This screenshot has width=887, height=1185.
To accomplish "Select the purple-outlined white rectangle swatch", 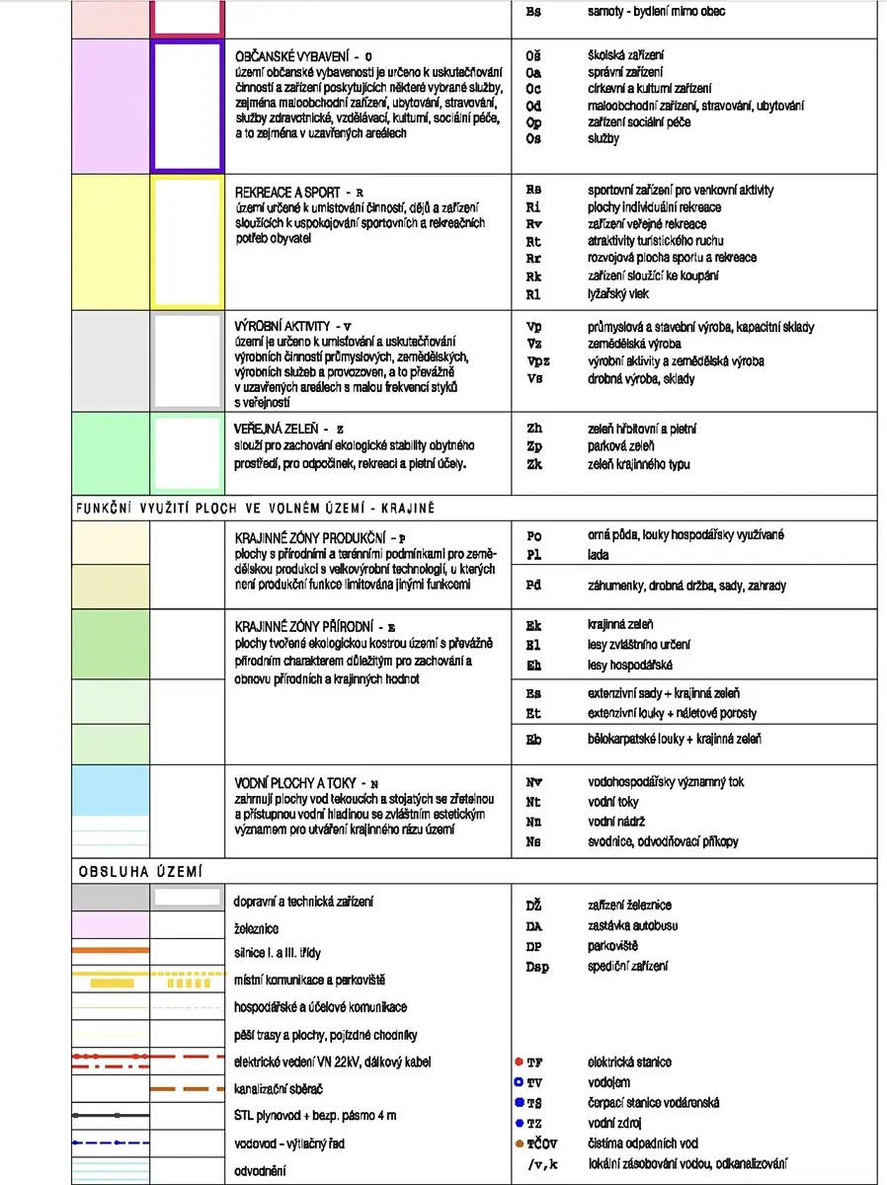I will point(187,106).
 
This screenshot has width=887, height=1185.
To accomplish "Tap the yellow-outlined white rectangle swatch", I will point(187,242).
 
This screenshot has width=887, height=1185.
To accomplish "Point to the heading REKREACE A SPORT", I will point(287,193).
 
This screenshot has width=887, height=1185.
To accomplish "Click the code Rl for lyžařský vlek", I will point(533,294).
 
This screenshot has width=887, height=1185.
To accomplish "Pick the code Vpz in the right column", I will point(538,361).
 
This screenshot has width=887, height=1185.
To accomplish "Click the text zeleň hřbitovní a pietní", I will point(642,430).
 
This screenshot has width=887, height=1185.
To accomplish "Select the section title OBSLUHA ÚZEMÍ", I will point(140,871).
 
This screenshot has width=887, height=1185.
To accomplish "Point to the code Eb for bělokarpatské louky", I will point(533,740).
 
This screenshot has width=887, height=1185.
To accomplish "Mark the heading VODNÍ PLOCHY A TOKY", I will point(295,782).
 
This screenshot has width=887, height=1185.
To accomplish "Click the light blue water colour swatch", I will point(110,789).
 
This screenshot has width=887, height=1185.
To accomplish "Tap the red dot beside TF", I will point(519,1062).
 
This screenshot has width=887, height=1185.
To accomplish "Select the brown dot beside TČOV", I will point(519,1143).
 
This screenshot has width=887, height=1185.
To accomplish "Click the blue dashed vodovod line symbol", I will point(110,1143).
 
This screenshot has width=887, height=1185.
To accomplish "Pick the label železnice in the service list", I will point(256,929).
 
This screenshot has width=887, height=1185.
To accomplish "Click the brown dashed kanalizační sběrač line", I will point(187,1089).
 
